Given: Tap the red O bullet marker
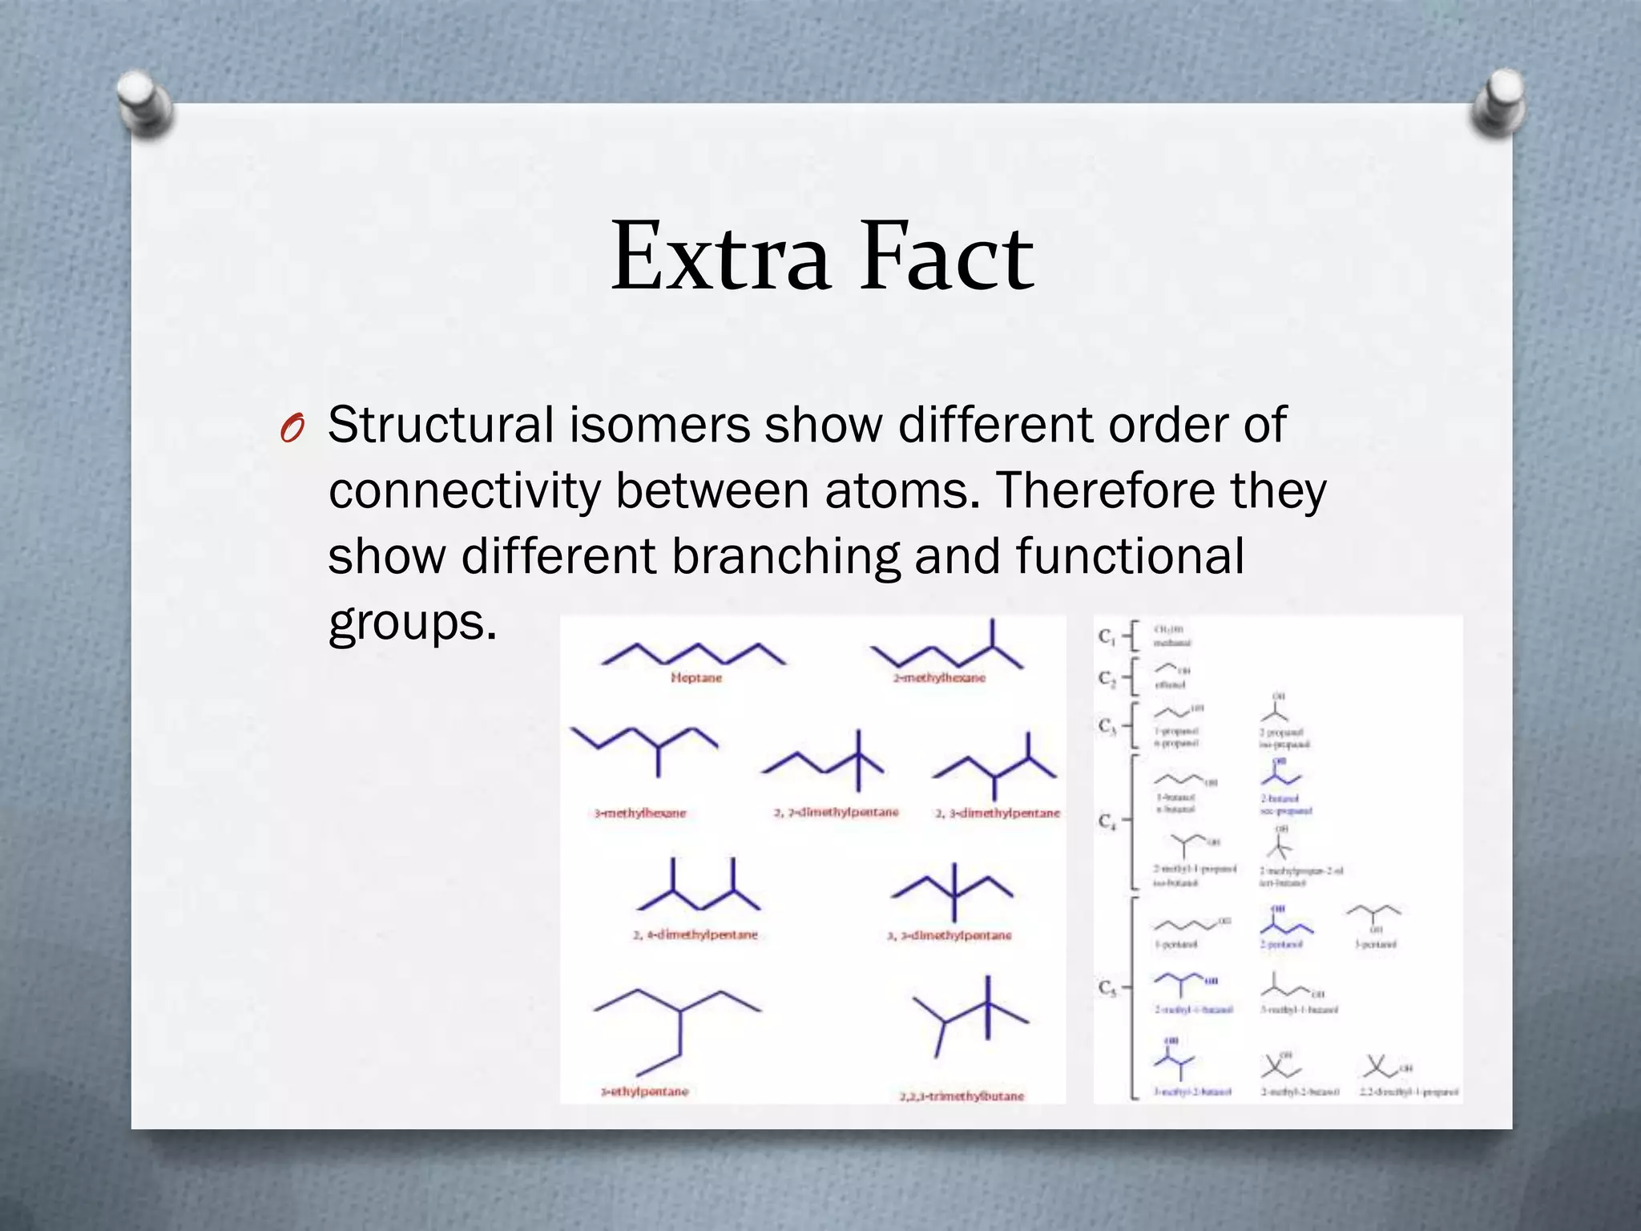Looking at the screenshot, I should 292,430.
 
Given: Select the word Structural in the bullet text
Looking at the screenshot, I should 441,425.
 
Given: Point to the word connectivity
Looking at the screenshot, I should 464,490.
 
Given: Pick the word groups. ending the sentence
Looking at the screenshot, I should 412,622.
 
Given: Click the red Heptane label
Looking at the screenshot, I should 696,678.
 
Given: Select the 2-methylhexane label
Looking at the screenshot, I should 939,678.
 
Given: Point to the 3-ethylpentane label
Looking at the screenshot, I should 645,1092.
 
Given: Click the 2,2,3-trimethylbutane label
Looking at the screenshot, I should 962,1096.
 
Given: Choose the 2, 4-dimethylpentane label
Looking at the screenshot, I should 695,934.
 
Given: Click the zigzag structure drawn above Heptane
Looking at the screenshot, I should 694,653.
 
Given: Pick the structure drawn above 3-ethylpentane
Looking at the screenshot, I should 678,1030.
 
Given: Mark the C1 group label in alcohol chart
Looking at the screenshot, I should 1107,637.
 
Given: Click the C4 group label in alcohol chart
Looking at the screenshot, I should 1107,821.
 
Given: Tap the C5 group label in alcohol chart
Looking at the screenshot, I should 1107,988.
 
